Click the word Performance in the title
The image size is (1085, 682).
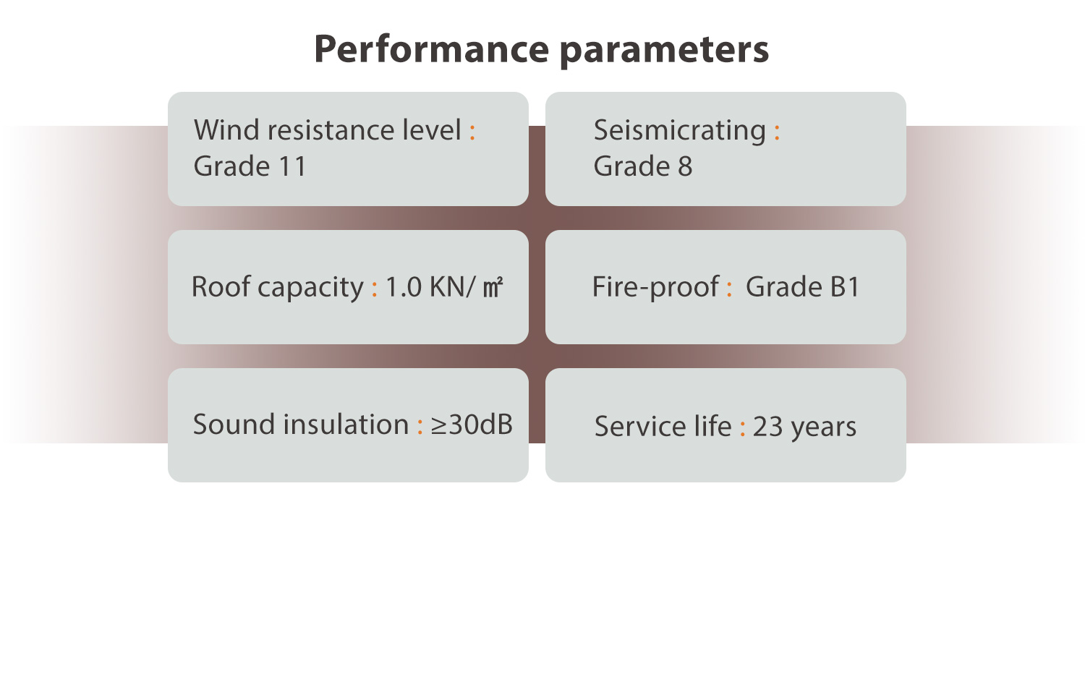click(432, 49)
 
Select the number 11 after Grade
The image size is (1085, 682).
click(292, 166)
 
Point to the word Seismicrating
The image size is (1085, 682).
click(680, 130)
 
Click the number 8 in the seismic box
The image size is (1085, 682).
click(685, 166)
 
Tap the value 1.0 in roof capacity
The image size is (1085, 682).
click(403, 286)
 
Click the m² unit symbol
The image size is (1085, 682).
click(493, 287)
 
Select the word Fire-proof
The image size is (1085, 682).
click(655, 288)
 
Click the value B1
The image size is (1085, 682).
click(845, 286)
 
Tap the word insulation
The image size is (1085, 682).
click(346, 425)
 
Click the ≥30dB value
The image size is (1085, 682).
click(472, 425)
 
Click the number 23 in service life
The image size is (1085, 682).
click(767, 427)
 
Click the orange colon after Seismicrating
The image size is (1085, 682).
click(777, 132)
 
